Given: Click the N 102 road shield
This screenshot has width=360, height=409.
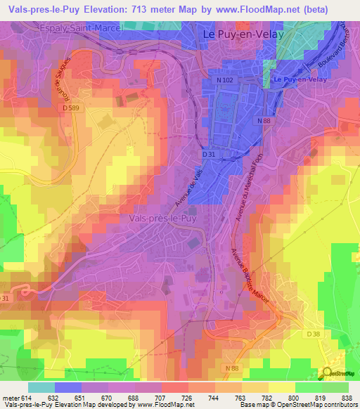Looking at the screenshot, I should (x=226, y=80).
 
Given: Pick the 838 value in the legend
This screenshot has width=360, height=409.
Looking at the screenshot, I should (x=347, y=398).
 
